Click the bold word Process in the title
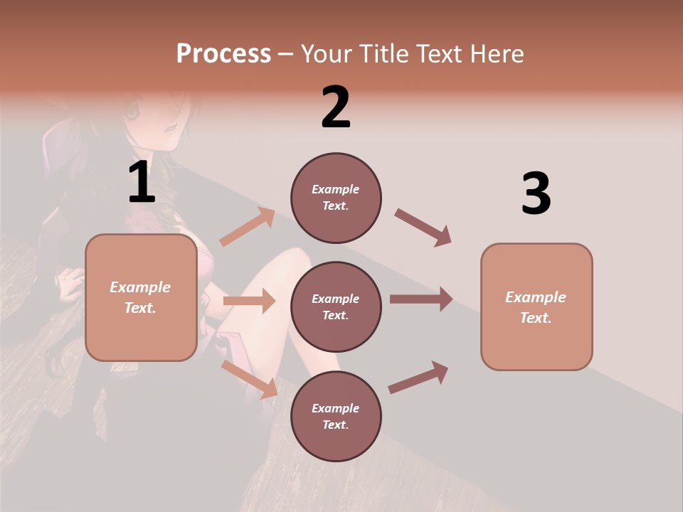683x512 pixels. click(x=223, y=54)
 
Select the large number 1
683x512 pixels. click(x=142, y=183)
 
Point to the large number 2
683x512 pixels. click(x=336, y=107)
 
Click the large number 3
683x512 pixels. click(x=536, y=194)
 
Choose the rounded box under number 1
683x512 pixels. click(x=141, y=297)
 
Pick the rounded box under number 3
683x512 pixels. click(x=536, y=306)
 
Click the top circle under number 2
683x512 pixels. click(x=336, y=198)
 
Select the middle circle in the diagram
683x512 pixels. click(x=336, y=306)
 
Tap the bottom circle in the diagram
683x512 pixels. click(x=336, y=416)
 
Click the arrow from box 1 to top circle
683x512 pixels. click(x=247, y=227)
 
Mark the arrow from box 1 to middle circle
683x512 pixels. click(x=249, y=301)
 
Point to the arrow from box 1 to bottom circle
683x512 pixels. click(x=249, y=378)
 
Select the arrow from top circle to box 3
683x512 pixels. click(x=423, y=227)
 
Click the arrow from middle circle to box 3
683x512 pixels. click(x=421, y=299)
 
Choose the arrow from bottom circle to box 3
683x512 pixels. click(x=419, y=377)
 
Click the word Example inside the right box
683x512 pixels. click(x=536, y=297)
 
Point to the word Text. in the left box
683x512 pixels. click(x=140, y=308)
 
